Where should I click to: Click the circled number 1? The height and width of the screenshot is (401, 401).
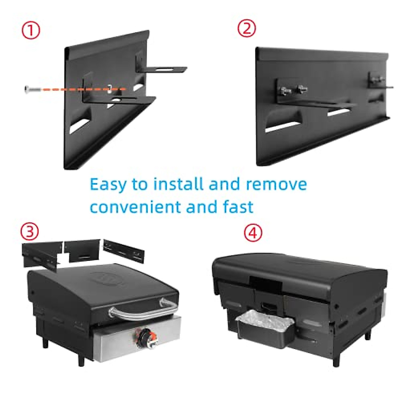(31, 30)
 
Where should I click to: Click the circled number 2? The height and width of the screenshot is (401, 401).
(247, 28)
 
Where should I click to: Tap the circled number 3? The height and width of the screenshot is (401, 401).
(30, 231)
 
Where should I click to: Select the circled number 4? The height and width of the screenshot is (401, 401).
(253, 233)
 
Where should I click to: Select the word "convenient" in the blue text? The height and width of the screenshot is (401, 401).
(135, 207)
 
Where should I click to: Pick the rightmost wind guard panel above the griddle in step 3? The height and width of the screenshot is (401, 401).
(124, 251)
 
